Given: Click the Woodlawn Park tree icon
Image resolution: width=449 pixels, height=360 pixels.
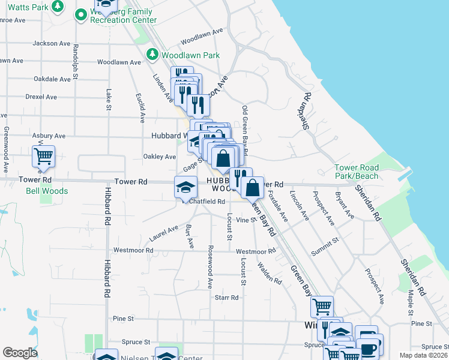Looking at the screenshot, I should [152, 55].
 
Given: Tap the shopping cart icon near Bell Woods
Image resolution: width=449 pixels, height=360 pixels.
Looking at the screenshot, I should [43, 157].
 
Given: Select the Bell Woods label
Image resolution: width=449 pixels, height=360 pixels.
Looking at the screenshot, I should [47, 191].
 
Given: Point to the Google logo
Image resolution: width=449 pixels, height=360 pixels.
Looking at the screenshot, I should [20, 353].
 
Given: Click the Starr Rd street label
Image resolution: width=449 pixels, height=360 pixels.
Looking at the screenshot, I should [227, 297].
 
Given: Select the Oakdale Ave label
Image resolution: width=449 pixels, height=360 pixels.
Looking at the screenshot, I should [53, 79].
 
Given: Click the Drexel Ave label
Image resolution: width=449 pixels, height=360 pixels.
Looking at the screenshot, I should [41, 97].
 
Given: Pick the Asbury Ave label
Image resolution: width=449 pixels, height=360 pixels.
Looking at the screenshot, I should [49, 136].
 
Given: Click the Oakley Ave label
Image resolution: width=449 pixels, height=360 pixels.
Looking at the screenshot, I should [159, 157].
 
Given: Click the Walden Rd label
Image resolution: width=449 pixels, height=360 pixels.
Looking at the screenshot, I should [270, 272].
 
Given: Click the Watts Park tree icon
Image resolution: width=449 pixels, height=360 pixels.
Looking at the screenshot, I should [58, 7].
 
